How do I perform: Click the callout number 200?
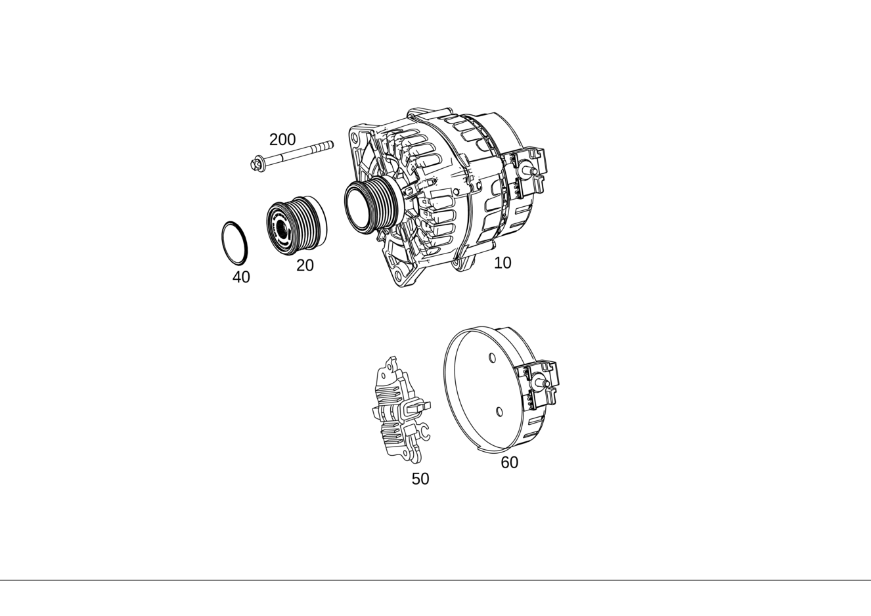pos(282,139)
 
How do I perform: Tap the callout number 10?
pos(502,263)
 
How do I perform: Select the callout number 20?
pos(305,265)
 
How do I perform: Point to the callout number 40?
pos(241,277)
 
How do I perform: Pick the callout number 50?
pos(420,479)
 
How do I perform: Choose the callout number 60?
pos(509,462)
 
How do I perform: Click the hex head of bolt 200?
pos(257,164)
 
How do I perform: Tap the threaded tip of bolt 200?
pos(326,146)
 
